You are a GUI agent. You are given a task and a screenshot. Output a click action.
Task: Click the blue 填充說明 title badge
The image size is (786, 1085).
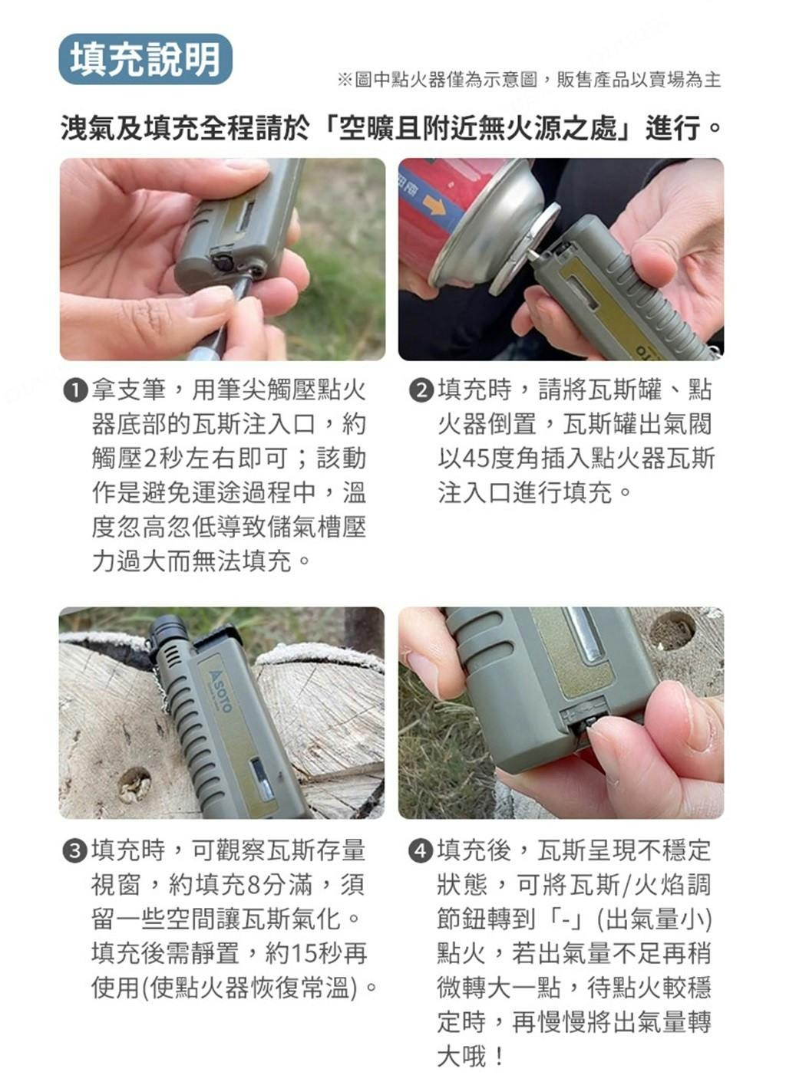pyautogui.click(x=146, y=60)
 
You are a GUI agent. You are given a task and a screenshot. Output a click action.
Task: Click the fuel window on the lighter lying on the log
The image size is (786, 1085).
pyautogui.click(x=263, y=780)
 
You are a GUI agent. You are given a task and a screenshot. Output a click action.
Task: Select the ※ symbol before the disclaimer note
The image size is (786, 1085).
pyautogui.click(x=345, y=80)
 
